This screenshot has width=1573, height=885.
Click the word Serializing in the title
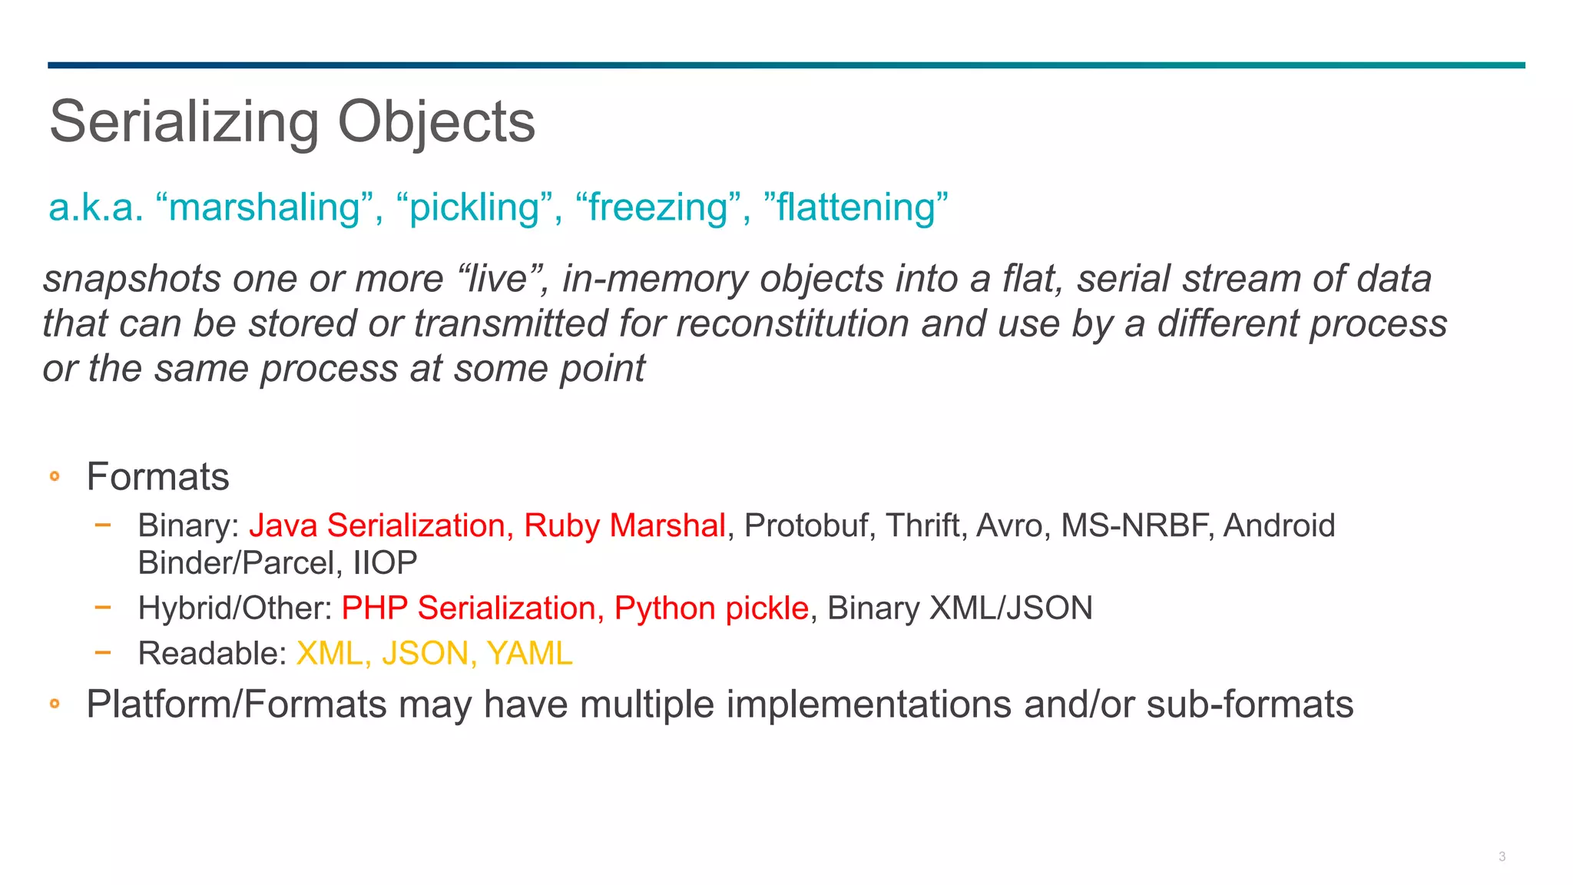[x=184, y=122]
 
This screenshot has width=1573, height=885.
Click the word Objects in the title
[x=436, y=122]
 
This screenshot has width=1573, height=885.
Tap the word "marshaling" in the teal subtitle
[x=264, y=207]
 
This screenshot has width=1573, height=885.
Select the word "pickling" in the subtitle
[x=474, y=207]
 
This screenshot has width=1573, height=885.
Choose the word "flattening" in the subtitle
[x=856, y=207]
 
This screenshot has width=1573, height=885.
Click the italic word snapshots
[x=131, y=279]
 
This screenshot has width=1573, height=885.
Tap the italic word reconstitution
[x=792, y=323]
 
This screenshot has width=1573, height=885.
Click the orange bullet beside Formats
[x=55, y=477]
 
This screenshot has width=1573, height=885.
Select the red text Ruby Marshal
[x=624, y=526]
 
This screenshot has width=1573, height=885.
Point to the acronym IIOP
[x=385, y=563]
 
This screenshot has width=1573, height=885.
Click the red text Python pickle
[x=711, y=608]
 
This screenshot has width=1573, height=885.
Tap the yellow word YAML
[x=529, y=654]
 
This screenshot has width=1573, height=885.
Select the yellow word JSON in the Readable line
[x=425, y=654]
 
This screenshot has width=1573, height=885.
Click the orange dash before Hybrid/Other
[x=103, y=608]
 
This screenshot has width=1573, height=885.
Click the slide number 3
[x=1502, y=857]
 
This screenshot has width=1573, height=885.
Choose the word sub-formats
[x=1250, y=704]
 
